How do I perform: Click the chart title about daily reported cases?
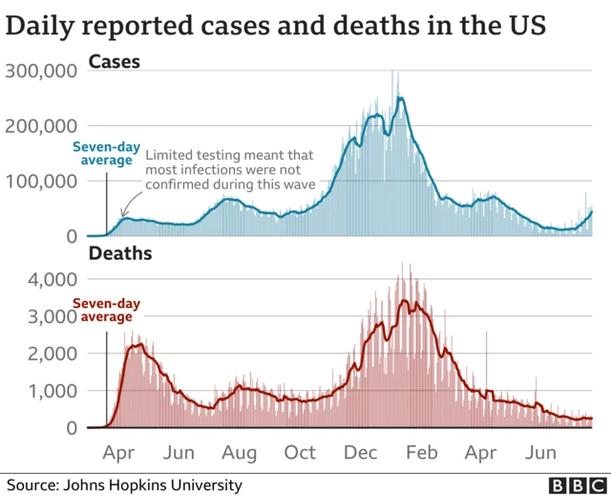[x=276, y=26]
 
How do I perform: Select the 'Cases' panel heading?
[x=114, y=63]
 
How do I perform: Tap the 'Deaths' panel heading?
[x=118, y=254]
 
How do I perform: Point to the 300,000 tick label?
[x=42, y=71]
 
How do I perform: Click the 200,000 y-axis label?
[x=42, y=126]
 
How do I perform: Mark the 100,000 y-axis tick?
[x=42, y=181]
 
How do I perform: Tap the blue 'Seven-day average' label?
[x=105, y=154]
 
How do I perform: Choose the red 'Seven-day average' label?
[x=106, y=311]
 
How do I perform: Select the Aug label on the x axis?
[x=240, y=452]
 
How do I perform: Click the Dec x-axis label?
[x=360, y=452]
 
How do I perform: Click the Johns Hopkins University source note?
[x=124, y=485]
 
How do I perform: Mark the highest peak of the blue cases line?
[x=400, y=97]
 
